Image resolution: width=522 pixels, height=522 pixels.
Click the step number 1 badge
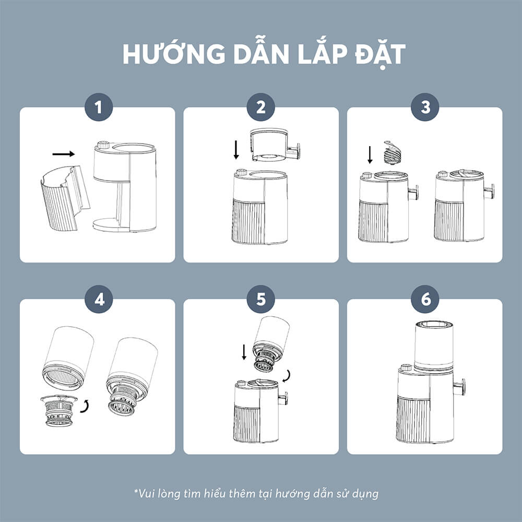pyautogui.click(x=99, y=107)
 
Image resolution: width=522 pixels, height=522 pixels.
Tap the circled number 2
pyautogui.click(x=261, y=107)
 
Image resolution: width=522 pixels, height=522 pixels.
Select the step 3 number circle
pyautogui.click(x=425, y=107)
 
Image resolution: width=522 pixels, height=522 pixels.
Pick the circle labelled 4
pyautogui.click(x=99, y=299)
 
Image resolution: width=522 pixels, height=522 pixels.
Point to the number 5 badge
pyautogui.click(x=261, y=299)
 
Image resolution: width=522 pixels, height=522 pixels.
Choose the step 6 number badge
pyautogui.click(x=425, y=299)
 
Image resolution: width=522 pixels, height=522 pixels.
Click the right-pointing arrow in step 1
pyautogui.click(x=64, y=154)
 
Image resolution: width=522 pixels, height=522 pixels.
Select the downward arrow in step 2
pyautogui.click(x=236, y=150)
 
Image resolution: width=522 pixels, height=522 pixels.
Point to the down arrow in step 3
pyautogui.click(x=370, y=155)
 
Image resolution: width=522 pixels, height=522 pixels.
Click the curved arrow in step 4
pyautogui.click(x=86, y=407)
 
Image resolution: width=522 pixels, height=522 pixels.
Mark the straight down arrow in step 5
pyautogui.click(x=244, y=352)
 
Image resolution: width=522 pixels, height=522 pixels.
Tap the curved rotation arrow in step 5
pyautogui.click(x=287, y=376)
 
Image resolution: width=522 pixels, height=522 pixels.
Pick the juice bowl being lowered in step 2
pyautogui.click(x=275, y=145)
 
